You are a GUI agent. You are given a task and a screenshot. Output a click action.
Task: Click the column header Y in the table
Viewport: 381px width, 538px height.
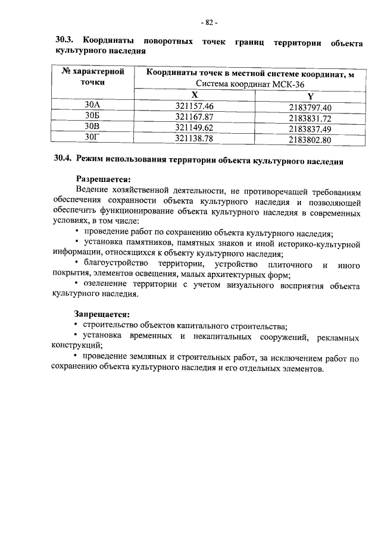tap(310, 97)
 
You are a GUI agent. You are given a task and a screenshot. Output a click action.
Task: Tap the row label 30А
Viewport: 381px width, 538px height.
tap(92, 106)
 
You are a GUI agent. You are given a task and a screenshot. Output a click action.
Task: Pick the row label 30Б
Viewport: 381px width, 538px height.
tap(92, 117)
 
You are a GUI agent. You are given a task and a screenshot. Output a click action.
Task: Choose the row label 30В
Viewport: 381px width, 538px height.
tap(92, 127)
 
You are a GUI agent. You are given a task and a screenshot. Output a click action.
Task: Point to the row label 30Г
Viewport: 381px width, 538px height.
tap(92, 138)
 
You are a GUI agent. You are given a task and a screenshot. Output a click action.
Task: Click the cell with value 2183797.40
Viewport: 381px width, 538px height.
tap(310, 108)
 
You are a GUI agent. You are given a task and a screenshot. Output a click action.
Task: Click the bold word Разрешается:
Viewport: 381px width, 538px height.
tap(102, 178)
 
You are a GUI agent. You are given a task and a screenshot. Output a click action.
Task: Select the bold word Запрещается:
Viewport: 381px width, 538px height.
tap(102, 313)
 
